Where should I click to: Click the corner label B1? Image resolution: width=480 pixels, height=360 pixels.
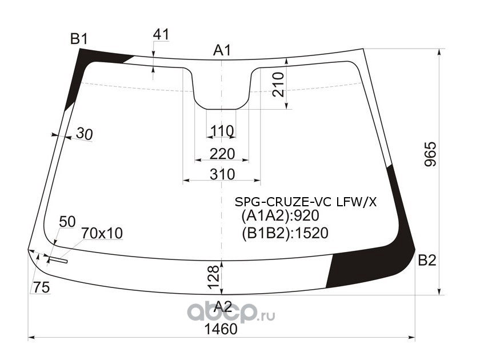78,39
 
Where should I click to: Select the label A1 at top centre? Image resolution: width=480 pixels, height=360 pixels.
222,51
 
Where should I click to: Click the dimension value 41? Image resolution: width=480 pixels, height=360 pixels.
161,35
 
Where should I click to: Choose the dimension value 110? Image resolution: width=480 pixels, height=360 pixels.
222,131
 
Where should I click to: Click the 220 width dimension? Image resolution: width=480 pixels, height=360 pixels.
222,154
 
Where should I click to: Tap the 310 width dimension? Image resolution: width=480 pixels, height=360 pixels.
222,174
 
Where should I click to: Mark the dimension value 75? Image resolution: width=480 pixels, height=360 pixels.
41,288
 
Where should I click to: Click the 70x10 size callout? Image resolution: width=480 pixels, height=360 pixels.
102,234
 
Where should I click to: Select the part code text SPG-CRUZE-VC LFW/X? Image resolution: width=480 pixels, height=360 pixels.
306,201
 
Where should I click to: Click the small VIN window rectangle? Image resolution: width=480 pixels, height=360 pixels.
58,261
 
